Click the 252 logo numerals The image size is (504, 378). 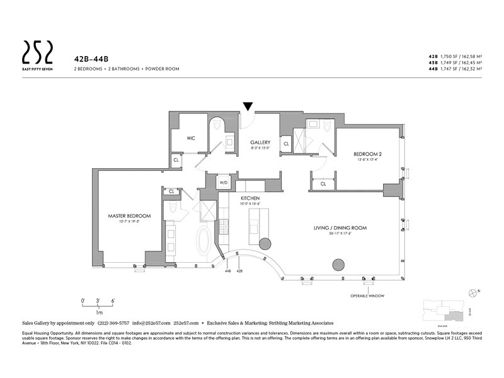coord(37,49)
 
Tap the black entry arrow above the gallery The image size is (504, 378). coord(248,107)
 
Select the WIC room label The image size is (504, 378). coord(190,137)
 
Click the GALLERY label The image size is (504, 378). coord(260,142)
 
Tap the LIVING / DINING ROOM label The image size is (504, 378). coord(340,227)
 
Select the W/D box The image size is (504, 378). coord(224,183)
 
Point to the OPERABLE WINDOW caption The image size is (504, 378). coord(368,295)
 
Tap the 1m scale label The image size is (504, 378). coord(99,312)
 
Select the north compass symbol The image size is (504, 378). coord(473,292)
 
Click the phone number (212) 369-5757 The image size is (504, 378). coord(112,322)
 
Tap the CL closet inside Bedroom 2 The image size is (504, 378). coord(323,184)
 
